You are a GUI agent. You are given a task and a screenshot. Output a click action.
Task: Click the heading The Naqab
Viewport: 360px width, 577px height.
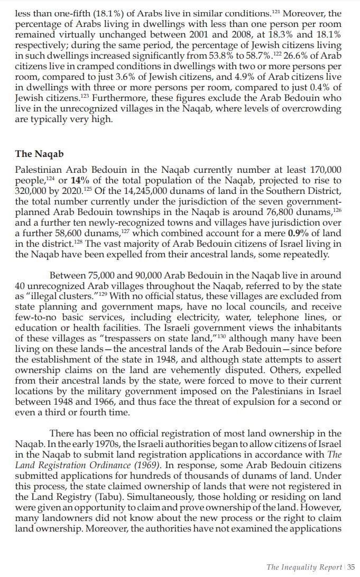pos(39,154)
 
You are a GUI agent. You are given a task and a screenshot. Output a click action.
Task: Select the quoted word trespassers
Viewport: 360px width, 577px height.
pos(135,338)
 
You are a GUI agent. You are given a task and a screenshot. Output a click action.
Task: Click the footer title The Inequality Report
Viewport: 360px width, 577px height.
pos(304,567)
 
